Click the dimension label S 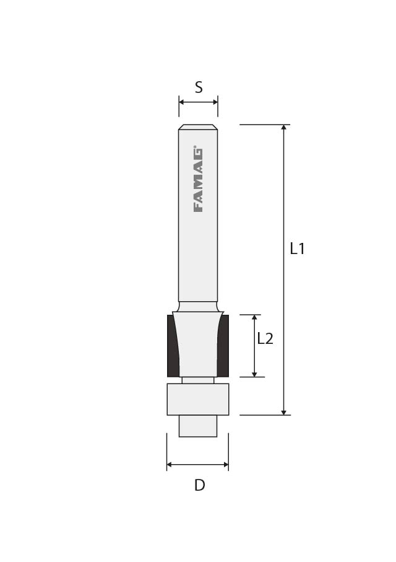point(199,87)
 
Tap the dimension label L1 point(297,248)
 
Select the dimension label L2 point(265,338)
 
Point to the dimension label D point(199,485)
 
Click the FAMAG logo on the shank point(198,179)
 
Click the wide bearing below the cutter point(198,399)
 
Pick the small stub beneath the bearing point(198,426)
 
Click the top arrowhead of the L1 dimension point(284,128)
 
